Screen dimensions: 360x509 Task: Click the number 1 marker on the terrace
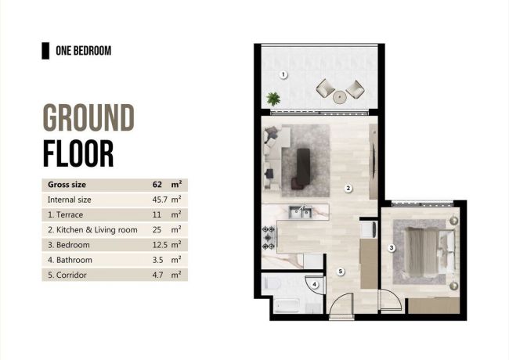coord(283,74)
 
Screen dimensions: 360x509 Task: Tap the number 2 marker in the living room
coord(348,188)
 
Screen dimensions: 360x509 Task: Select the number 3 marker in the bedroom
coord(392,248)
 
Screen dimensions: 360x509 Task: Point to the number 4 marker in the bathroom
coord(315,285)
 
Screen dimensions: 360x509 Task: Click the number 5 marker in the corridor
coord(341,272)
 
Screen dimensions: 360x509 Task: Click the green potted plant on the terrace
coord(273,99)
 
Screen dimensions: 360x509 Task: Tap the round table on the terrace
coord(340,97)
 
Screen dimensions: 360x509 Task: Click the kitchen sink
coord(300,212)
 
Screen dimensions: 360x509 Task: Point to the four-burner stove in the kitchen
coord(269,234)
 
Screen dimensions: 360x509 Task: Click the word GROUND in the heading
coord(88,120)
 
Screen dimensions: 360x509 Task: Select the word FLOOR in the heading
coord(78,153)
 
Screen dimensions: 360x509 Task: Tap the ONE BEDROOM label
coord(83,51)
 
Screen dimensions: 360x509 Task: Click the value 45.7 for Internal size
coord(157,200)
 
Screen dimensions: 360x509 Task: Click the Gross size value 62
coord(157,185)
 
